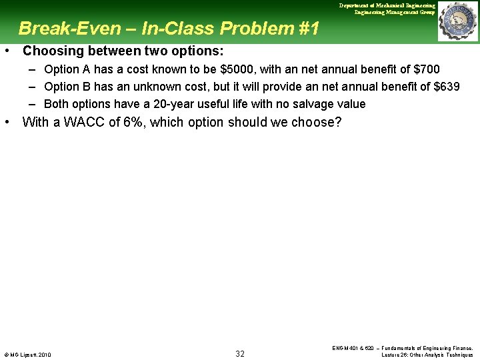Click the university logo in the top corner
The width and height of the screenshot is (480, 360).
pyautogui.click(x=457, y=21)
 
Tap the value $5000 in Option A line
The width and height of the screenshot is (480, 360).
pyautogui.click(x=236, y=69)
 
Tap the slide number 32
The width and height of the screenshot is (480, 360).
pyautogui.click(x=240, y=353)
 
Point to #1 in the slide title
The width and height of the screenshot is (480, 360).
pyautogui.click(x=307, y=28)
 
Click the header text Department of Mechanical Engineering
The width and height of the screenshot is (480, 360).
pyautogui.click(x=387, y=5)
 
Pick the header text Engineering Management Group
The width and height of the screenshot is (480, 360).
pyautogui.click(x=395, y=12)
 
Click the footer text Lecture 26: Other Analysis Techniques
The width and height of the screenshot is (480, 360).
pyautogui.click(x=427, y=355)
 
